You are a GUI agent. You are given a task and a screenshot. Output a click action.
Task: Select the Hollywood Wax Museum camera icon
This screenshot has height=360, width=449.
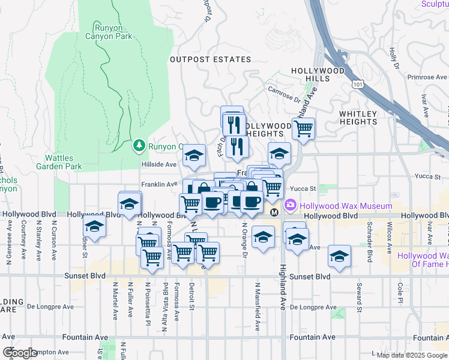291,206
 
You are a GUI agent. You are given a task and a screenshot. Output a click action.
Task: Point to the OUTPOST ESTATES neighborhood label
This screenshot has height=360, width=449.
210,59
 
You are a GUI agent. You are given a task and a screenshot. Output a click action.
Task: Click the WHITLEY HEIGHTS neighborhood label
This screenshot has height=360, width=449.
358,118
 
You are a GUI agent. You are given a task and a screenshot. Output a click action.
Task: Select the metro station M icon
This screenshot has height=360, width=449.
274,212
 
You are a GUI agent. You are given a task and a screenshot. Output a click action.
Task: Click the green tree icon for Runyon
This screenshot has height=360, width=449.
139,145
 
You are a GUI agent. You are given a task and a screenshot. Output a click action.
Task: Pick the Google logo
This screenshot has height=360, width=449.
20,352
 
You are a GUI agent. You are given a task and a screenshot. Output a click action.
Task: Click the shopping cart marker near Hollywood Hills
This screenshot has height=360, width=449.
304,128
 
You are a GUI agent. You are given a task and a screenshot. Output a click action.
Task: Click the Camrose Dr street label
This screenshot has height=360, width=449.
285,95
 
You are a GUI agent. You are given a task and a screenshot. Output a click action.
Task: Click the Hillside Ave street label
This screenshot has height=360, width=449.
158,164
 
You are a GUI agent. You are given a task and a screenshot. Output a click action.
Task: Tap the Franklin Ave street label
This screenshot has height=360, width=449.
159,184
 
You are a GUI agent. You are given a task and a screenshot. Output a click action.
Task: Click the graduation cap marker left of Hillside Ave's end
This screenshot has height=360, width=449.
194,156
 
